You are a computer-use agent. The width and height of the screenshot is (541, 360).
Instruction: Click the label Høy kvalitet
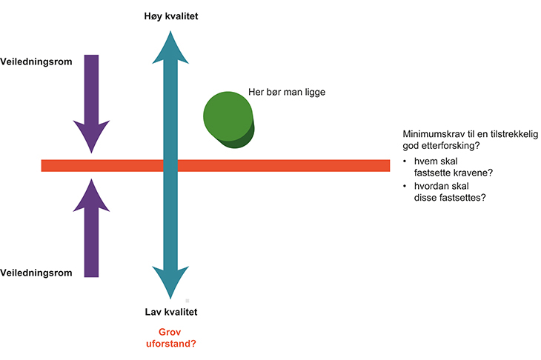pyautogui.click(x=170, y=16)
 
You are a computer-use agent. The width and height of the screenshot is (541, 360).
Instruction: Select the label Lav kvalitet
pyautogui.click(x=170, y=312)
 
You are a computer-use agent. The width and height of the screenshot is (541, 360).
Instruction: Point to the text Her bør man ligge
pyautogui.click(x=287, y=93)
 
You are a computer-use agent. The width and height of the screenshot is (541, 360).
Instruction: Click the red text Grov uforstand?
pyautogui.click(x=170, y=339)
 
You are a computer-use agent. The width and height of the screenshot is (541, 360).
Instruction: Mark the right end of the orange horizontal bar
pyautogui.click(x=388, y=165)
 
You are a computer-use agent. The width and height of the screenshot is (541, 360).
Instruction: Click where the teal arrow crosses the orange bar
pyautogui.click(x=170, y=165)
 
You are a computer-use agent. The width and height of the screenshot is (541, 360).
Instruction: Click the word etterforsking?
pyautogui.click(x=450, y=147)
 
